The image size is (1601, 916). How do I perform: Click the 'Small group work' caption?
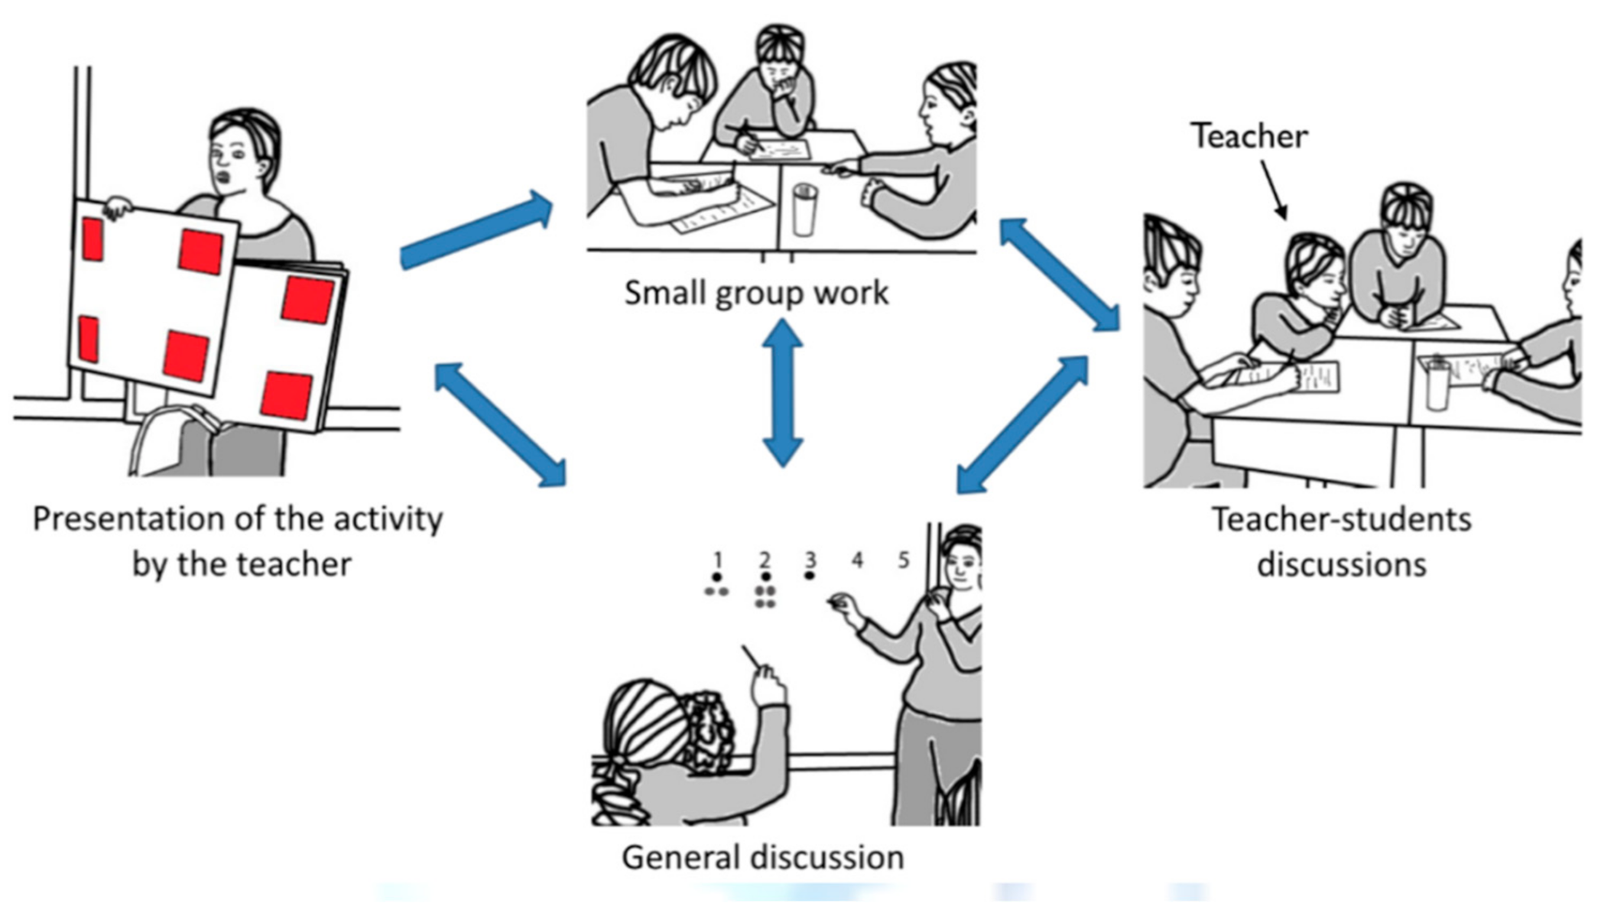(x=756, y=294)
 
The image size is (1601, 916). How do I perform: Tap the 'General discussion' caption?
(x=762, y=857)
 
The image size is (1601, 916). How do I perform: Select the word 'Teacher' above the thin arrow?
(x=1249, y=137)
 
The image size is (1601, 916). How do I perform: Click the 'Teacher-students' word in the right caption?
(x=1342, y=520)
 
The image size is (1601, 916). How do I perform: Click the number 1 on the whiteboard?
(x=717, y=560)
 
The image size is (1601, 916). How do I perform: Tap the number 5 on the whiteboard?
(x=904, y=560)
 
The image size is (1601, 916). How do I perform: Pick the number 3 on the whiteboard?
(x=810, y=560)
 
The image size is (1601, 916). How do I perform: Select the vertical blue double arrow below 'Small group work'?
(x=783, y=391)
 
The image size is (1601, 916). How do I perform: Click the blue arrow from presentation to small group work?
(x=476, y=230)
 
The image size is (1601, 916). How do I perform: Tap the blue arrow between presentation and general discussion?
(x=501, y=424)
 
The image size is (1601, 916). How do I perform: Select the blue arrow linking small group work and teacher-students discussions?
(x=1060, y=274)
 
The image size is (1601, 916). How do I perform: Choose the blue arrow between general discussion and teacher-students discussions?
(x=1022, y=425)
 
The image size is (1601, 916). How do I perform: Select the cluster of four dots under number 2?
(x=765, y=597)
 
